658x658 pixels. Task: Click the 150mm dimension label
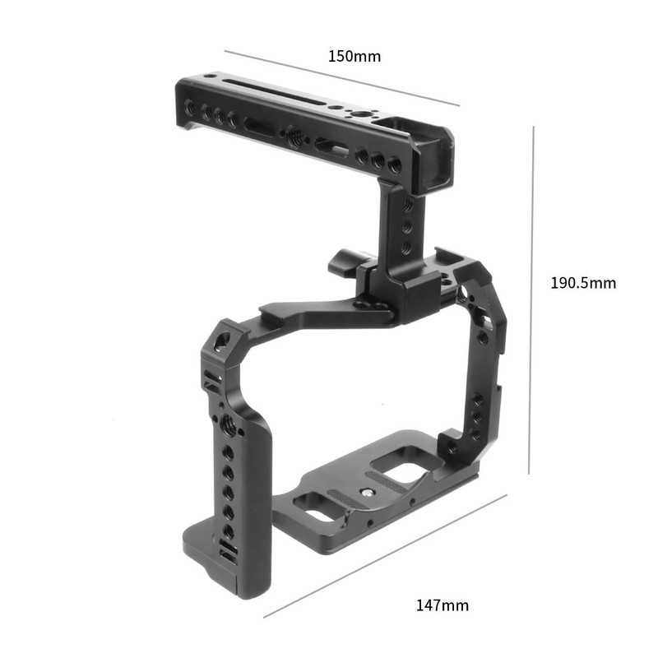[354, 57]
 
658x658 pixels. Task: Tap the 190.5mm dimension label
[582, 283]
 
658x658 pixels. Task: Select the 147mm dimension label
[443, 605]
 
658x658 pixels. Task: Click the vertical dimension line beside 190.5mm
[532, 300]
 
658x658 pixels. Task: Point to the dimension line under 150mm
[341, 79]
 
